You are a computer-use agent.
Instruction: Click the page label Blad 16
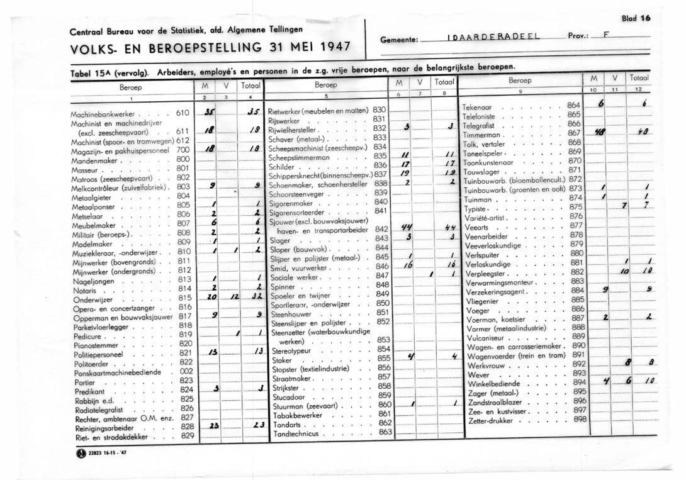coord(636,18)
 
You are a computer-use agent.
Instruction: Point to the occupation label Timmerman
coord(481,135)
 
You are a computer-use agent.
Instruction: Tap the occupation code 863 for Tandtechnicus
coord(385,432)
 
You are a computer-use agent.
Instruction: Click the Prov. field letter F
coord(604,36)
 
